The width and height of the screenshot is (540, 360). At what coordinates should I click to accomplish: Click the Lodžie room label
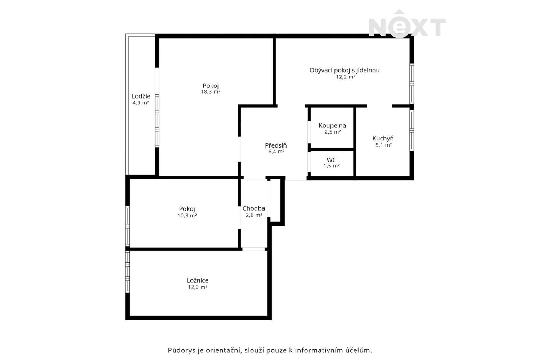pyautogui.click(x=141, y=96)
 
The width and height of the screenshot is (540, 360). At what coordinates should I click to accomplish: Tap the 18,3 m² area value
pyautogui.click(x=211, y=92)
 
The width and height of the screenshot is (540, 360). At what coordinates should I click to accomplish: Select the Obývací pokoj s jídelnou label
pyautogui.click(x=345, y=71)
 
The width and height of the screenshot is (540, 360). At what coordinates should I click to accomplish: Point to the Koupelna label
pyautogui.click(x=332, y=126)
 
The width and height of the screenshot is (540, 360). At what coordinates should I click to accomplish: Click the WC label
pyautogui.click(x=332, y=160)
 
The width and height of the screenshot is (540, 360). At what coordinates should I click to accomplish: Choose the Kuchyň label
pyautogui.click(x=383, y=138)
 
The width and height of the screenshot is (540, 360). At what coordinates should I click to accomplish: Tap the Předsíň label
pyautogui.click(x=276, y=145)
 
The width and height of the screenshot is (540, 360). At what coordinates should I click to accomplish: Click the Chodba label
pyautogui.click(x=253, y=208)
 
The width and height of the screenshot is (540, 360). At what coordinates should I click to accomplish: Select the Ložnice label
pyautogui.click(x=197, y=280)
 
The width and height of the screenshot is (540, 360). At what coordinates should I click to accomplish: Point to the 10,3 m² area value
pyautogui.click(x=187, y=216)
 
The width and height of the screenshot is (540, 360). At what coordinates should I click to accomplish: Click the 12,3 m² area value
pyautogui.click(x=198, y=287)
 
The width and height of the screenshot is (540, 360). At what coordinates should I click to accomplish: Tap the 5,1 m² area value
pyautogui.click(x=383, y=145)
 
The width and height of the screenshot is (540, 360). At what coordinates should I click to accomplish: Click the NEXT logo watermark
pyautogui.click(x=407, y=24)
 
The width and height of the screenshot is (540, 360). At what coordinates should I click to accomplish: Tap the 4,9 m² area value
pyautogui.click(x=140, y=103)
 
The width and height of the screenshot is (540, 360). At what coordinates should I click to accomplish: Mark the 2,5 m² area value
pyautogui.click(x=332, y=132)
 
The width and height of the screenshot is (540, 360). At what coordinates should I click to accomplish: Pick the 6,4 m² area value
pyautogui.click(x=276, y=152)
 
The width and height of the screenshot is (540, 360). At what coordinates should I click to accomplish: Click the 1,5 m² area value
pyautogui.click(x=332, y=166)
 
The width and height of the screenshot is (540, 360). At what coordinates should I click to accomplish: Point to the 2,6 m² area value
pyautogui.click(x=254, y=215)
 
